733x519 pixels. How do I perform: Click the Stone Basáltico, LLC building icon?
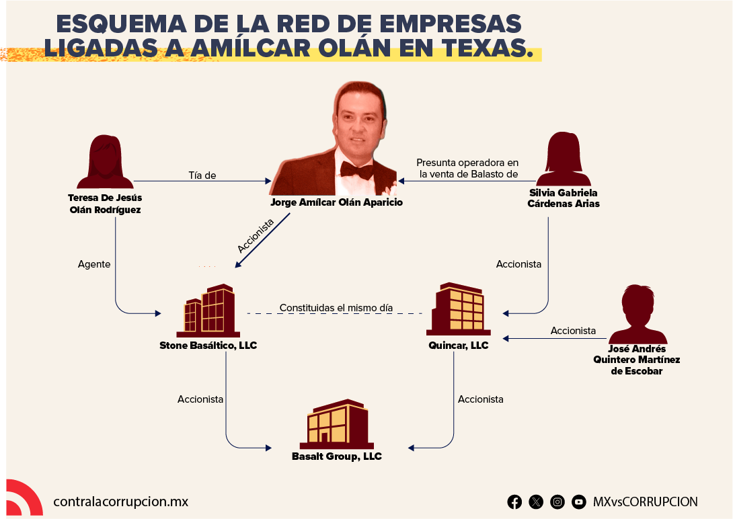[208, 311]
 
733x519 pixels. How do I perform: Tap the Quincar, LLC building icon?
[459, 309]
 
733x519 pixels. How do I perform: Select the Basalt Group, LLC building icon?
[337, 424]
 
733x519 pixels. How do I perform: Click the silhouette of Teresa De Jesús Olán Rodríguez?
[105, 161]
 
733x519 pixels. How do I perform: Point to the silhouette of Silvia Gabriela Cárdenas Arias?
[564, 159]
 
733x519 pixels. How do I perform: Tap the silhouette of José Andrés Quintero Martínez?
[638, 315]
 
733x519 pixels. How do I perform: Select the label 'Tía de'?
[202, 175]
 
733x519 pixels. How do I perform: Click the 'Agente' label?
[94, 264]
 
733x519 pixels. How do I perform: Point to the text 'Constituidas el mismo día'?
[336, 308]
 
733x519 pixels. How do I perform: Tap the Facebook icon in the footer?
[514, 502]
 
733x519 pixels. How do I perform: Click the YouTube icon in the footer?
[579, 502]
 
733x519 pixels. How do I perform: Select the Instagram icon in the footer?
[557, 502]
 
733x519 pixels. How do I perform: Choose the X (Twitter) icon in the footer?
[536, 502]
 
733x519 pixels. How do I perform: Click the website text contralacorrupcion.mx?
[120, 502]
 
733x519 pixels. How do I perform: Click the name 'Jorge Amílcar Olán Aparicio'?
[337, 202]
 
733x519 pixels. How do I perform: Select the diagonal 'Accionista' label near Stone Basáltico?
[256, 236]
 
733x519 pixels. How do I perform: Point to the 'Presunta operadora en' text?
[467, 163]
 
